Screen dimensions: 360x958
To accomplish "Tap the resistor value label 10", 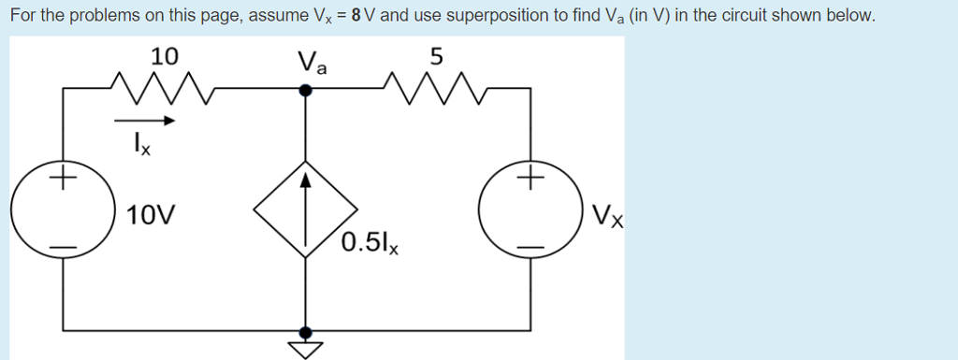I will click(x=165, y=56).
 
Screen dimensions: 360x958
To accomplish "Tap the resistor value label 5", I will click(x=435, y=56).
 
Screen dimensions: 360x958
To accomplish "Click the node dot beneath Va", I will click(x=305, y=90).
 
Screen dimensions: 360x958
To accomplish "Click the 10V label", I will click(x=151, y=216).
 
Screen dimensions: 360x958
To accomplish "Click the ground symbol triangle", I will click(x=305, y=350).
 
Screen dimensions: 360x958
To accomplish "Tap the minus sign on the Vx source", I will click(x=530, y=247).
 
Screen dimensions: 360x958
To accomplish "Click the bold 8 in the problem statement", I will click(x=356, y=17).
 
